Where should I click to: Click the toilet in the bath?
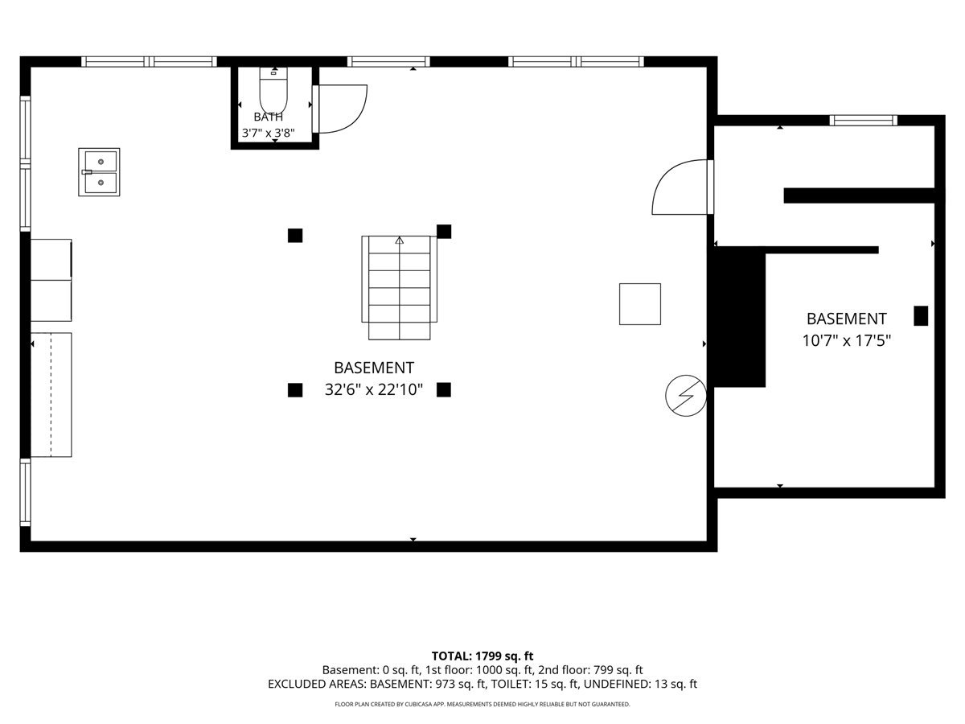(273, 91)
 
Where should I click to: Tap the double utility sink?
(99, 172)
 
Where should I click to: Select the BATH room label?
(268, 117)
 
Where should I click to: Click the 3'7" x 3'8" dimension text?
(268, 133)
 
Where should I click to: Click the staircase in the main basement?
(399, 288)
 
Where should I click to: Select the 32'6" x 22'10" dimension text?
(374, 389)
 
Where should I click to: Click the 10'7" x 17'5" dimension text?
(846, 340)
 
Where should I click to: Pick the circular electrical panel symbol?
(686, 396)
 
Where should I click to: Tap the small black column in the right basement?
(921, 315)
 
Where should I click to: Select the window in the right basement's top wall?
(864, 120)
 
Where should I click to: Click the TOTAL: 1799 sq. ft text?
(482, 656)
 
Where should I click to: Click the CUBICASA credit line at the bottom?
(482, 704)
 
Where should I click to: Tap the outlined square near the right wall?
(639, 304)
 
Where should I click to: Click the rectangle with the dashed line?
(51, 395)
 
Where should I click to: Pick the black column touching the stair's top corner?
(444, 232)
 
